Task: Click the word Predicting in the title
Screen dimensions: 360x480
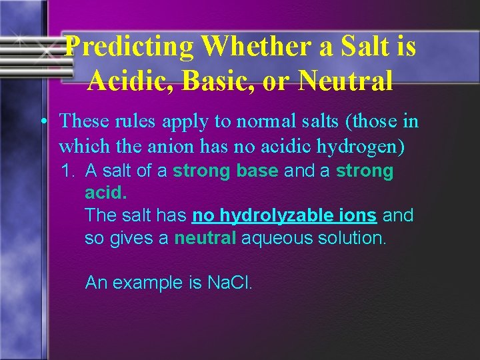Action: (x=130, y=47)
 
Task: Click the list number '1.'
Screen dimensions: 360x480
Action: (x=70, y=171)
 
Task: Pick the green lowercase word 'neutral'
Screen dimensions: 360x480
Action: (x=205, y=238)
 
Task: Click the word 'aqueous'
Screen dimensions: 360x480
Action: (x=275, y=238)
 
